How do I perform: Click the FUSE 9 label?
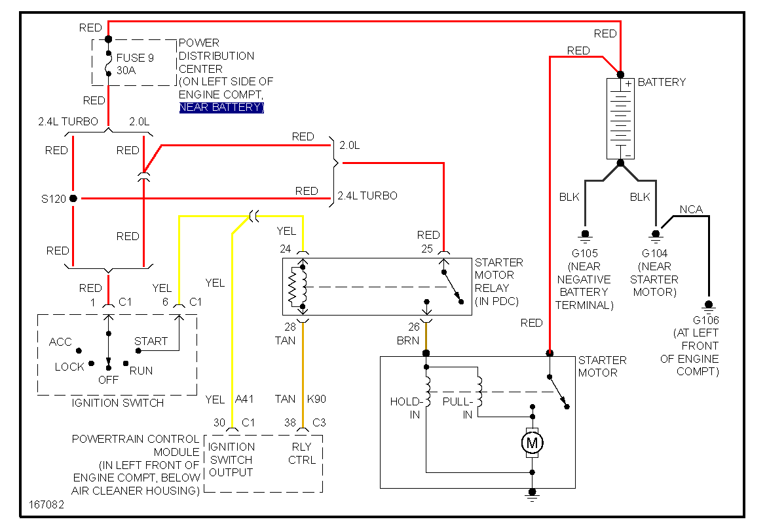click(x=135, y=58)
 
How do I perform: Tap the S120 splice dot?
click(x=73, y=198)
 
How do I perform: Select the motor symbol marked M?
click(x=532, y=443)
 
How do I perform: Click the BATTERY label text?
click(x=662, y=83)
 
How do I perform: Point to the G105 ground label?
click(x=584, y=253)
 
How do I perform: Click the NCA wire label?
click(x=690, y=210)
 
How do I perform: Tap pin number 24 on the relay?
click(x=286, y=249)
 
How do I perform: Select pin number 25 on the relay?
click(x=427, y=249)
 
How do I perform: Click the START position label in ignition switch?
click(x=151, y=341)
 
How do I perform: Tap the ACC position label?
click(x=60, y=342)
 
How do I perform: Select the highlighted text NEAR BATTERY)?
click(x=221, y=108)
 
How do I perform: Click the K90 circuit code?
click(x=317, y=399)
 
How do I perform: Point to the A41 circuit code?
click(x=244, y=399)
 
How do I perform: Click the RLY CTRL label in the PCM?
click(x=302, y=453)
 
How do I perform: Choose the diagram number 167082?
click(x=47, y=505)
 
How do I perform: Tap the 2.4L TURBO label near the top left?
click(x=67, y=122)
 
